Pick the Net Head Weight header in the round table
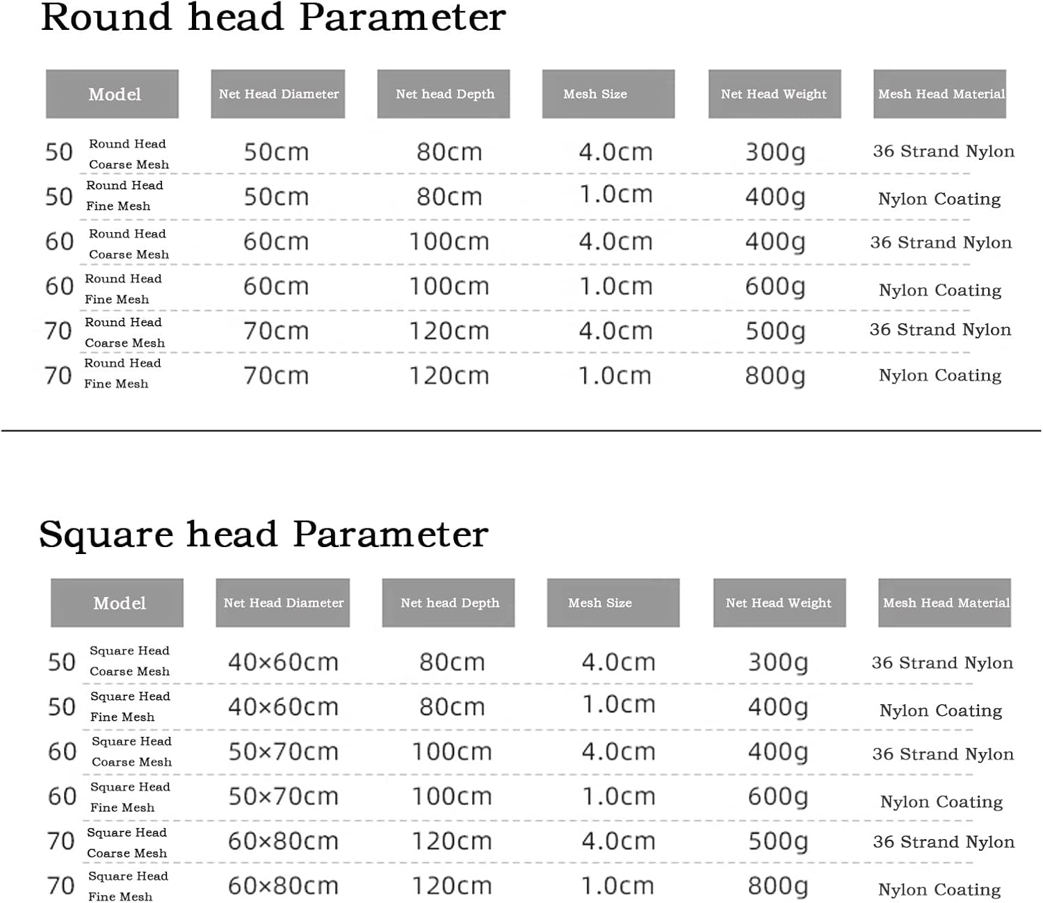click(x=774, y=94)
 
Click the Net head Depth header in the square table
click(x=448, y=603)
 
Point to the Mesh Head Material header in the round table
click(x=940, y=94)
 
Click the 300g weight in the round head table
click(x=775, y=152)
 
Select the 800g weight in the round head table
click(x=775, y=376)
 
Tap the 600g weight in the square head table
click(x=778, y=797)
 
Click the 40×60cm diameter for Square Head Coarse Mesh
click(x=283, y=662)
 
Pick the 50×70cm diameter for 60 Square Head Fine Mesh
click(x=283, y=797)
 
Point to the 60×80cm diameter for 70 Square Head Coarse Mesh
click(x=283, y=842)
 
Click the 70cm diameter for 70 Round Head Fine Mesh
click(x=276, y=376)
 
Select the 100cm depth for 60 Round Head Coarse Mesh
click(x=449, y=242)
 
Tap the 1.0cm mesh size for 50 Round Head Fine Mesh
click(x=616, y=195)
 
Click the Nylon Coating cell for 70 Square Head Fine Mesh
click(x=939, y=890)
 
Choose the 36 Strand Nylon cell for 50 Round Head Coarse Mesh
click(x=944, y=152)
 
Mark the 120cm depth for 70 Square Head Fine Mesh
click(x=452, y=886)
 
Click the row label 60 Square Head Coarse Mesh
click(x=111, y=751)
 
